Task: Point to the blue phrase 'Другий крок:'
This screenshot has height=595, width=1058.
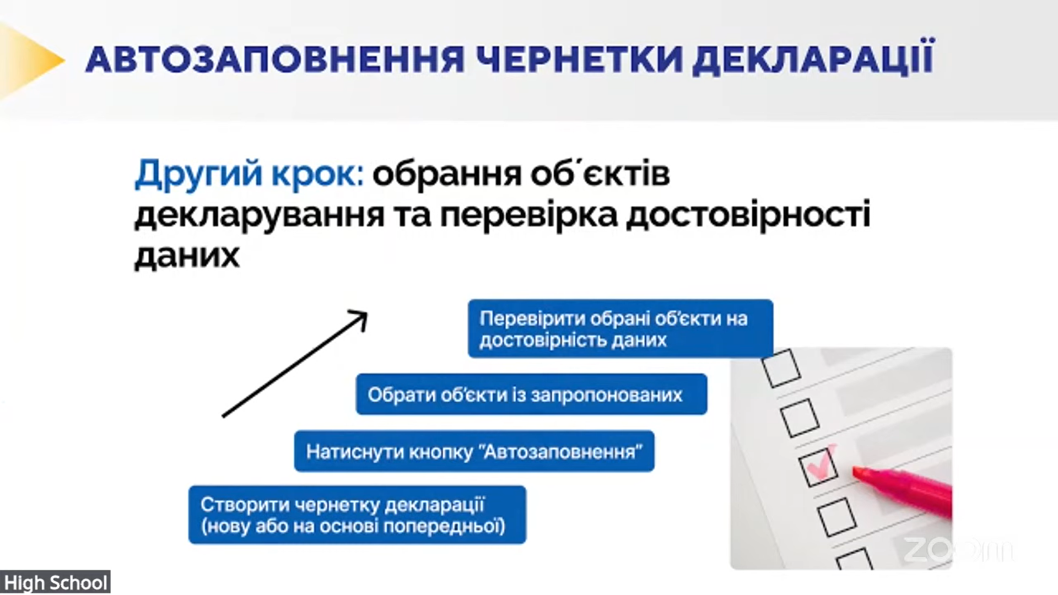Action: [x=249, y=174]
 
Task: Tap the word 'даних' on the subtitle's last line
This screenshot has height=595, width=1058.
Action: [x=187, y=256]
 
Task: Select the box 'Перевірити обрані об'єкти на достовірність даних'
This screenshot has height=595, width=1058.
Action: [x=620, y=328]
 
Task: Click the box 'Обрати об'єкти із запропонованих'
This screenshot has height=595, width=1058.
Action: [x=531, y=394]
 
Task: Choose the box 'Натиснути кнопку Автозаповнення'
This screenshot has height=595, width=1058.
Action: [x=474, y=451]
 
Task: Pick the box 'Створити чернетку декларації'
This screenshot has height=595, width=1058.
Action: [x=357, y=515]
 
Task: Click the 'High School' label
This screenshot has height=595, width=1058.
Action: [x=55, y=582]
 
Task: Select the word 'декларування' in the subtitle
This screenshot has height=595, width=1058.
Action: [x=259, y=216]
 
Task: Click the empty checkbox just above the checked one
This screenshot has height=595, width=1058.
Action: [x=800, y=417]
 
